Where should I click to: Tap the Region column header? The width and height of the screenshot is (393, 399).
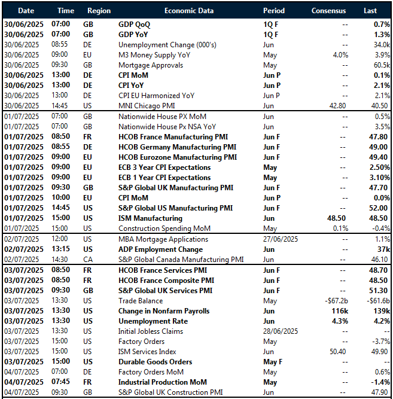[x=99, y=11]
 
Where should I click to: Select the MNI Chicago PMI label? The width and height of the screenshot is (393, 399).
[x=148, y=106]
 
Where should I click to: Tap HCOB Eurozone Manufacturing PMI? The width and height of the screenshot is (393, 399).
[x=178, y=157]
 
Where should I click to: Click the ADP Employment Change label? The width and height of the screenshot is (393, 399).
[x=160, y=249]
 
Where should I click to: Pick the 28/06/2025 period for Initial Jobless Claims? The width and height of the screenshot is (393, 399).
[x=283, y=331]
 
